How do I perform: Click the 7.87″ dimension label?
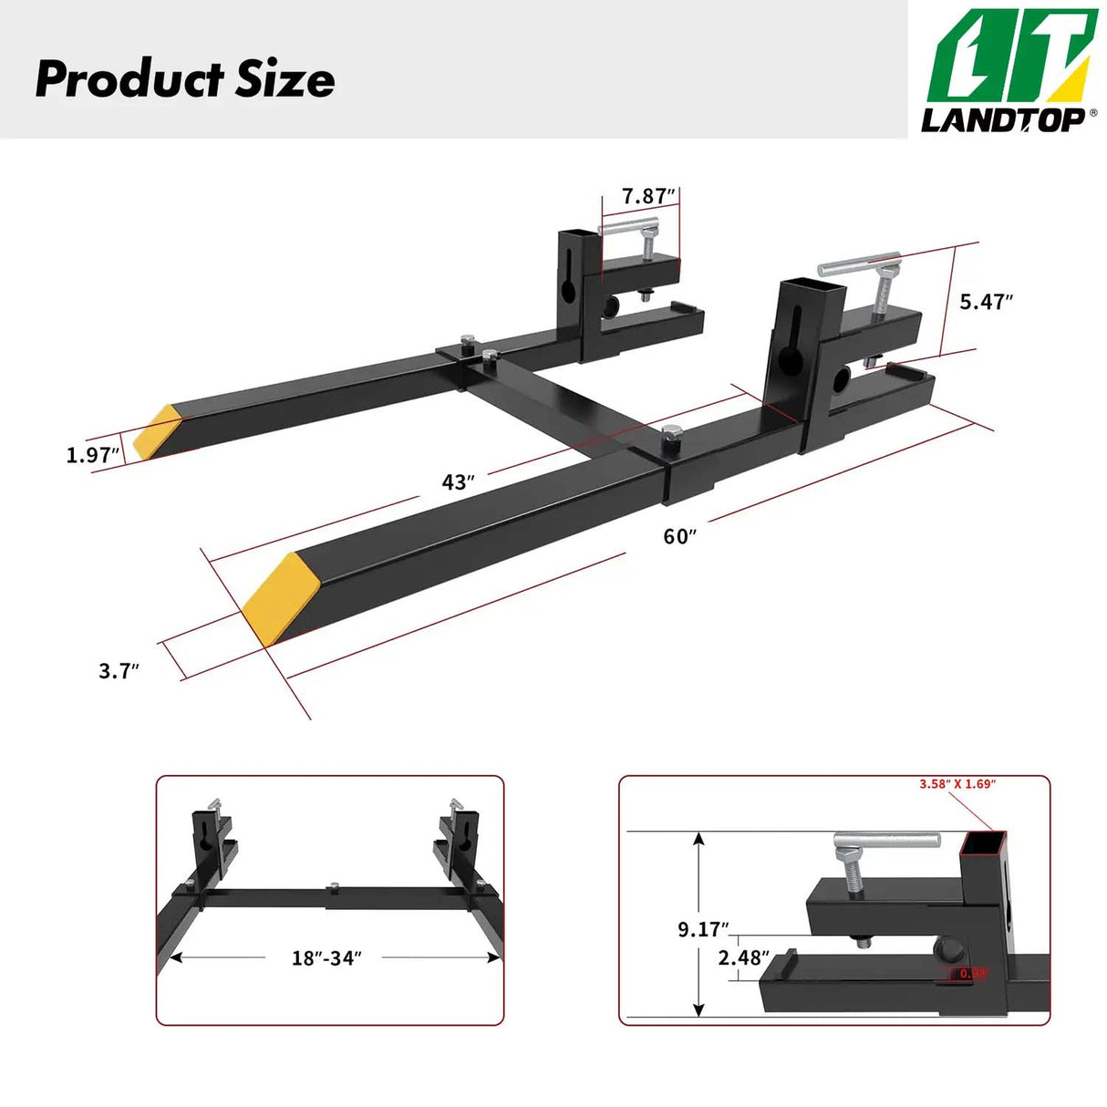648,196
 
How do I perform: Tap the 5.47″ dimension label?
986,302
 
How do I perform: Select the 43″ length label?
458,481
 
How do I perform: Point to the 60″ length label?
679,536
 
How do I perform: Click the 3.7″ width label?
119,671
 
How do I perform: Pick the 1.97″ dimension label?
92,454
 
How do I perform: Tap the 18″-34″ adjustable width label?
326,957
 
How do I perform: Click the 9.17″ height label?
702,929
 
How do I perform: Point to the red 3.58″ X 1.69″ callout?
957,784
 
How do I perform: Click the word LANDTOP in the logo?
1001,119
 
